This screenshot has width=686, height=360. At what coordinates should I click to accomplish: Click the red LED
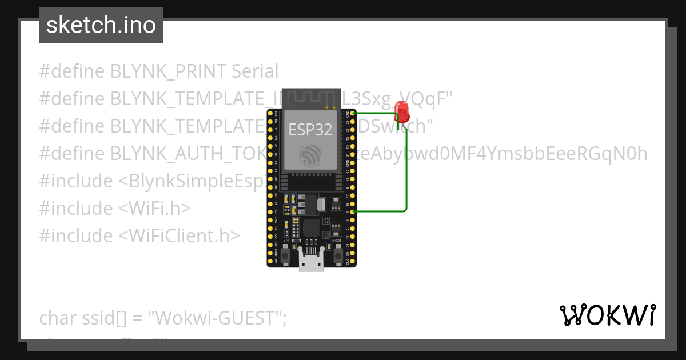coord(402,110)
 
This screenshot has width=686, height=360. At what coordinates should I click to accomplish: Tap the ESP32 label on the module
coord(310,129)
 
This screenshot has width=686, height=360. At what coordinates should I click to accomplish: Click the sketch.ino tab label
coord(101,25)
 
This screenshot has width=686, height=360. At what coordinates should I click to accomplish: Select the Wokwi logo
coord(607,315)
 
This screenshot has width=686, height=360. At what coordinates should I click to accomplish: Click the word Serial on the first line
coord(255,71)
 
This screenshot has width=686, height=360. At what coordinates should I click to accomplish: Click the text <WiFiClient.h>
coord(180,235)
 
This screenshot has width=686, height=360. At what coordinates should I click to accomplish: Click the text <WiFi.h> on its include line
coord(154,208)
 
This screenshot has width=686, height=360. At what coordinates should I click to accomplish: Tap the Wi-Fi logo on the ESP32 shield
coord(311,155)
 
